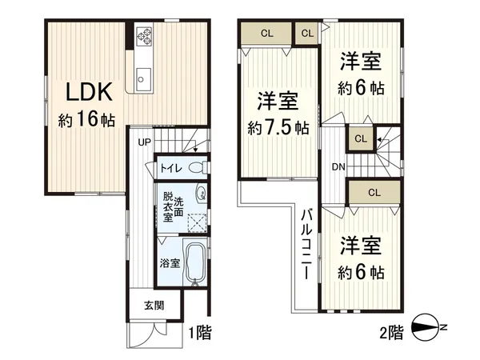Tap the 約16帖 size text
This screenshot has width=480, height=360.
pos(86,121)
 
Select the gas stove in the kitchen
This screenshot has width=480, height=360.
pos(144,35)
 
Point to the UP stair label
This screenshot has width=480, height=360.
pos(144,143)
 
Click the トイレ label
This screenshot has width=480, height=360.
pos(169,168)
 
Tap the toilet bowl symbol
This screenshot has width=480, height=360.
pos(201,167)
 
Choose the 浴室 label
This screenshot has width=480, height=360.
pos(169,262)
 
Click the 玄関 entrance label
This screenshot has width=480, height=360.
pos(155,305)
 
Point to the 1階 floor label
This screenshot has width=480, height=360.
pos(199,331)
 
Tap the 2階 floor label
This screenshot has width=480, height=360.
pos(391,331)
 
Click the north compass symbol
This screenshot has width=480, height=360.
pos(427,329)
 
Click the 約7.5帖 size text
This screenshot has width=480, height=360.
pos(278,127)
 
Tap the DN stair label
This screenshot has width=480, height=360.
pos(338,166)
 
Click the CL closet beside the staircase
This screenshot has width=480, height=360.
pos(361,138)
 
